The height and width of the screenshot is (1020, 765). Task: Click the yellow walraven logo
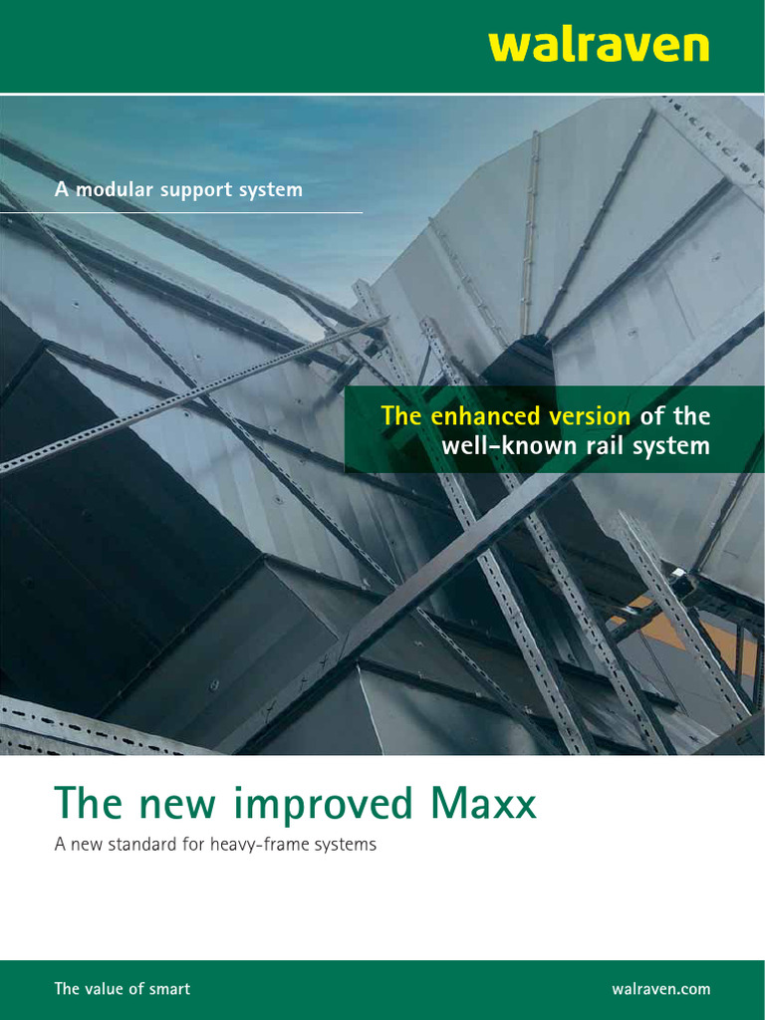[x=599, y=46]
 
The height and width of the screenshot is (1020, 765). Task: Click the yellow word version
[x=589, y=415]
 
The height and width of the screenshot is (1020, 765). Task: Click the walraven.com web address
[x=660, y=989]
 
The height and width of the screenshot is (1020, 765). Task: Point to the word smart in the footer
[x=167, y=989]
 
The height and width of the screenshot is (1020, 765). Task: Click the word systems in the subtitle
[x=345, y=845]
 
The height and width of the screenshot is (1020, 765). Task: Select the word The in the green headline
[x=80, y=803]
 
